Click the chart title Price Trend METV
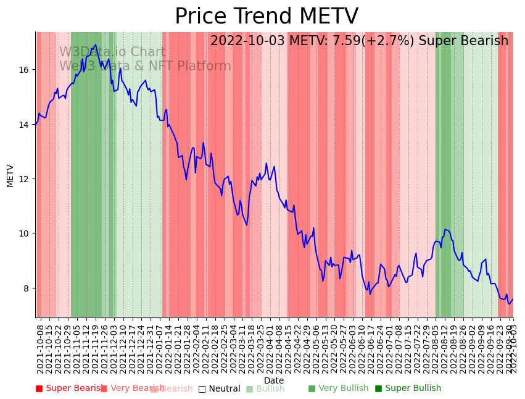[266, 17]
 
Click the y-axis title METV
[10, 175]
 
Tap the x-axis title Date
[274, 380]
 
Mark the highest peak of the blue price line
[96, 44]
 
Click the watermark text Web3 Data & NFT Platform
[145, 66]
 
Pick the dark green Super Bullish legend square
[378, 388]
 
